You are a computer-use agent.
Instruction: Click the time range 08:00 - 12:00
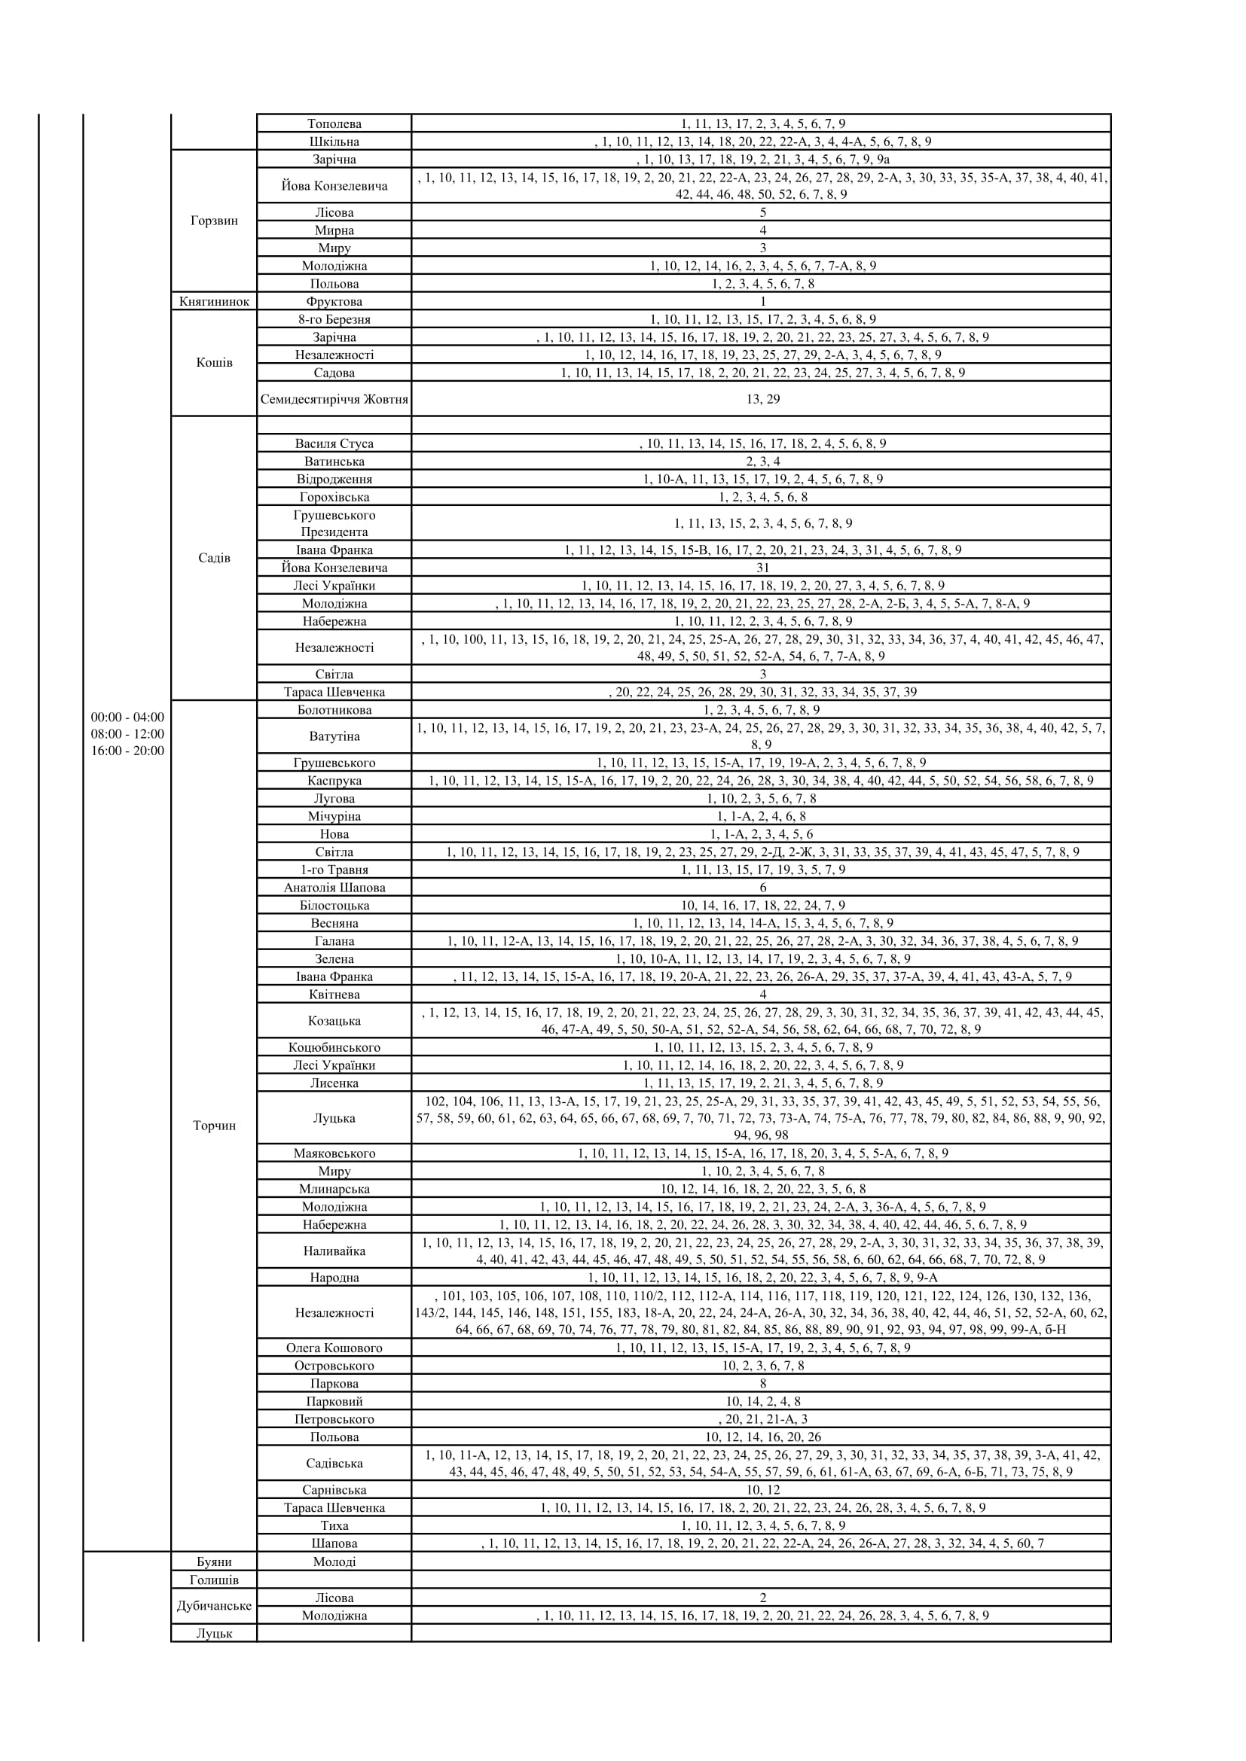pyautogui.click(x=127, y=734)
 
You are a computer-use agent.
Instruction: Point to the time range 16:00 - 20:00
pyautogui.click(x=127, y=751)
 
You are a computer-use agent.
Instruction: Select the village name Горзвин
pyautogui.click(x=214, y=221)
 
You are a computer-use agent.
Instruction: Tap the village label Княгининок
pyautogui.click(x=214, y=301)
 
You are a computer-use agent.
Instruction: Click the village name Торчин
pyautogui.click(x=214, y=1126)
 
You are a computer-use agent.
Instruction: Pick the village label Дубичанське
pyautogui.click(x=214, y=1606)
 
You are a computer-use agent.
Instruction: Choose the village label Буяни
pyautogui.click(x=214, y=1561)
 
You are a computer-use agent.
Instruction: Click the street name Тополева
pyautogui.click(x=334, y=124)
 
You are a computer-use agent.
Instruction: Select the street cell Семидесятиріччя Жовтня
pyautogui.click(x=334, y=400)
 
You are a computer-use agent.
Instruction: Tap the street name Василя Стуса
pyautogui.click(x=334, y=443)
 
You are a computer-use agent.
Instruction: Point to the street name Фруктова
pyautogui.click(x=334, y=301)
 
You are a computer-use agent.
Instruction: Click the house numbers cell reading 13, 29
pyautogui.click(x=762, y=400)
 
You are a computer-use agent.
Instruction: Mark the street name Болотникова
pyautogui.click(x=334, y=710)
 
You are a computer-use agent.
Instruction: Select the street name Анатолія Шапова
pyautogui.click(x=334, y=888)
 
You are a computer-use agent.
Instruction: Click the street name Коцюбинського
pyautogui.click(x=334, y=1048)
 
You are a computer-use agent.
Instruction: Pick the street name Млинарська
pyautogui.click(x=334, y=1189)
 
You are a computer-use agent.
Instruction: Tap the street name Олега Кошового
pyautogui.click(x=334, y=1348)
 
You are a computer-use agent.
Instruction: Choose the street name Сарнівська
pyautogui.click(x=334, y=1489)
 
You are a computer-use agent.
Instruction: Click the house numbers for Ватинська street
pyautogui.click(x=762, y=462)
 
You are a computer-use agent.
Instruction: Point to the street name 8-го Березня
pyautogui.click(x=334, y=319)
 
